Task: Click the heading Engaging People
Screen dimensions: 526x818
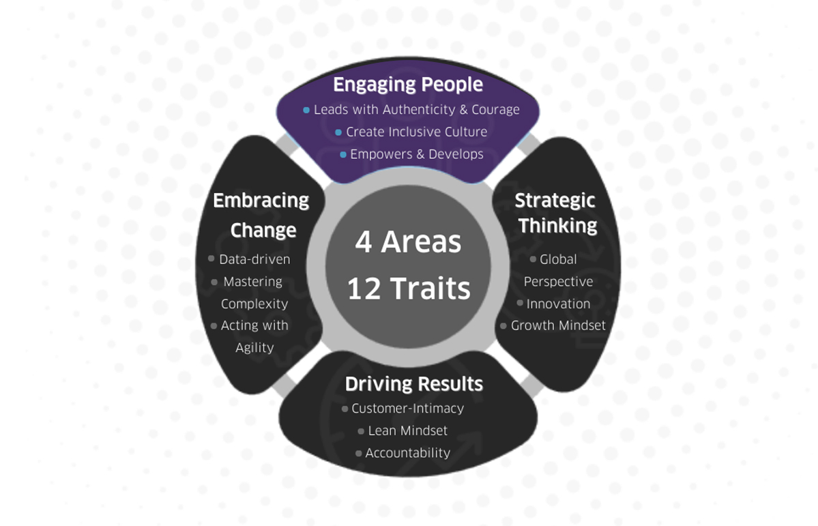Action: coord(408,85)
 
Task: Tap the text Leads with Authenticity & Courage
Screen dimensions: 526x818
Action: coord(416,110)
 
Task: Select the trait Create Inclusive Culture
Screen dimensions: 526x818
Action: coord(416,132)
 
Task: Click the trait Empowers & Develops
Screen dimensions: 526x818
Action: coord(416,154)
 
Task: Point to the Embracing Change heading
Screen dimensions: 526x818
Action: coord(261,215)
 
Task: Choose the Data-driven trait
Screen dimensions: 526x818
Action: coord(254,259)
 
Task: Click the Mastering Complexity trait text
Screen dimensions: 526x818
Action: coord(254,293)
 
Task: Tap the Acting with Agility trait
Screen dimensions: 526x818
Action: coord(254,336)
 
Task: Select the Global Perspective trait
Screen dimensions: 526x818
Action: coord(558,270)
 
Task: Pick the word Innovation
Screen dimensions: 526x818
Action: coord(558,304)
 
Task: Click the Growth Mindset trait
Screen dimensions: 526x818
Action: coord(558,325)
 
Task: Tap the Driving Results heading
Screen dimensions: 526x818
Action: coord(413,384)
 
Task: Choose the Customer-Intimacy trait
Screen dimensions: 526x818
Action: coord(407,409)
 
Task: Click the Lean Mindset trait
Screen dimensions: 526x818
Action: coord(407,430)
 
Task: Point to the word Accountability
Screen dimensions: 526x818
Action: coord(407,453)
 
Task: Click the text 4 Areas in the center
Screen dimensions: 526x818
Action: coord(408,242)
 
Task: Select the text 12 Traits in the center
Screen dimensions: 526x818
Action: coord(409,289)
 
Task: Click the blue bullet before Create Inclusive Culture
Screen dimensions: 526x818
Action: coord(338,132)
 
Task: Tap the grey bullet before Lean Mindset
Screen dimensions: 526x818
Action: coord(361,431)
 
